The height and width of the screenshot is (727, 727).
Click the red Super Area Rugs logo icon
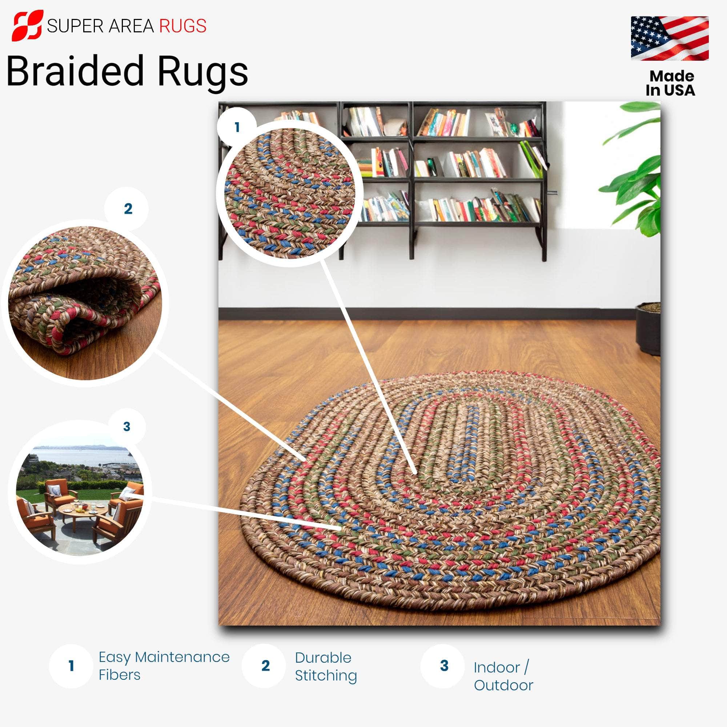[27, 25]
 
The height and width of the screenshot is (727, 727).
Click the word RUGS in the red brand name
[183, 26]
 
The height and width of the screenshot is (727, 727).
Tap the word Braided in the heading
[75, 71]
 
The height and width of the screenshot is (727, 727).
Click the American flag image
[670, 38]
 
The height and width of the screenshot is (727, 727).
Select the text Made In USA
[671, 83]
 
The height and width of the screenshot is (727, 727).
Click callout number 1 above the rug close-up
[237, 127]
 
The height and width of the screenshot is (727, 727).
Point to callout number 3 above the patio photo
[127, 426]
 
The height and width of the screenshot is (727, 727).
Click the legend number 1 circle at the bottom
[71, 666]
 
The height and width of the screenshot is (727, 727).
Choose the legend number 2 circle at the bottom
[265, 666]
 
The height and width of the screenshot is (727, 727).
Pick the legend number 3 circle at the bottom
[444, 666]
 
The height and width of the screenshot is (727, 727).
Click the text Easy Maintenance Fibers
[164, 666]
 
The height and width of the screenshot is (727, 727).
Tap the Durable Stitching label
[326, 666]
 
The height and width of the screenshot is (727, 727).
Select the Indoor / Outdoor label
[503, 676]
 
